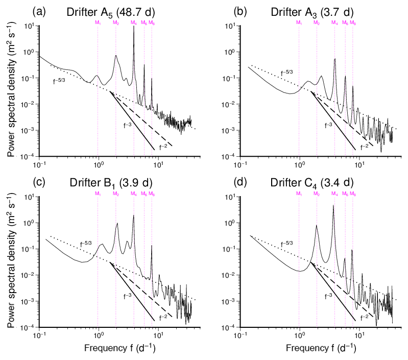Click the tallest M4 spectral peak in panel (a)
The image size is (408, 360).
click(x=134, y=27)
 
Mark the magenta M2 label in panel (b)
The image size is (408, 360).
click(x=317, y=22)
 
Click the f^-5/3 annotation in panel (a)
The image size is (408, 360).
click(x=59, y=81)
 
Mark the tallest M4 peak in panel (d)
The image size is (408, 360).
click(x=333, y=205)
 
